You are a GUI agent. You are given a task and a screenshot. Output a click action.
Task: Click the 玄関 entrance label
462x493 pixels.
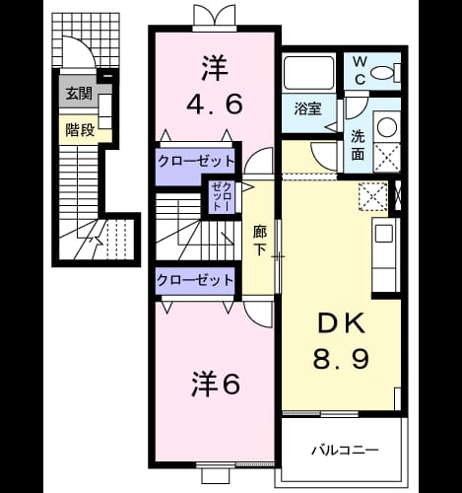coord(79,94)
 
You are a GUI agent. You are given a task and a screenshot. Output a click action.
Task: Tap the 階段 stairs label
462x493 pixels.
coord(80,130)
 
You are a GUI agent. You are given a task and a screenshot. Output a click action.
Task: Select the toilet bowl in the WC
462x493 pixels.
coord(383,73)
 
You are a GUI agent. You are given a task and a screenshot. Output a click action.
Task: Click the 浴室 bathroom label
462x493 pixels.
coord(307,108)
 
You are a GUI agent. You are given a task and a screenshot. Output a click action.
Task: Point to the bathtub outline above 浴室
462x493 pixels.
coord(309,73)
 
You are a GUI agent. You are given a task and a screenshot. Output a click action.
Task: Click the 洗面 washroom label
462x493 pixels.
coord(358,145)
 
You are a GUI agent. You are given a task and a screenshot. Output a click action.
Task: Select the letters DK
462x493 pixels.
coord(341,323)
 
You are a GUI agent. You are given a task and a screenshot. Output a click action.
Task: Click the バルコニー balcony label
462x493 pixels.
coord(345,450)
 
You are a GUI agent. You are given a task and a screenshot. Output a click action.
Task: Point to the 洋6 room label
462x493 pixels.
coord(216,384)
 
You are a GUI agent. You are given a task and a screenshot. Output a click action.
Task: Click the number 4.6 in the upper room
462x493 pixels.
coord(215,104)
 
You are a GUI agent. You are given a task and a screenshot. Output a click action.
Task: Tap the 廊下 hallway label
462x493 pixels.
coord(260,241)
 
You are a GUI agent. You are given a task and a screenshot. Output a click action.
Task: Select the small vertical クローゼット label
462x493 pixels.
coord(222,196)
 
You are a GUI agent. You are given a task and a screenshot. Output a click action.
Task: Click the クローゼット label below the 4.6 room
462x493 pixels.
coord(196,162)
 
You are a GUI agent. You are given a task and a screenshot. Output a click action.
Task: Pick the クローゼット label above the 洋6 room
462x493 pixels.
coord(195,280)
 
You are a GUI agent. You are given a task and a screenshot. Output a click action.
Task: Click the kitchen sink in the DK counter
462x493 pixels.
coord(385,233)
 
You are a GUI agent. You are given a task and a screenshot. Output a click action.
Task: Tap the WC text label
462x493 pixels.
coord(361,70)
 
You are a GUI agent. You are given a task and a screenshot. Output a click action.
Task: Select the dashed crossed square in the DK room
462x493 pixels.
coord(373,197)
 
